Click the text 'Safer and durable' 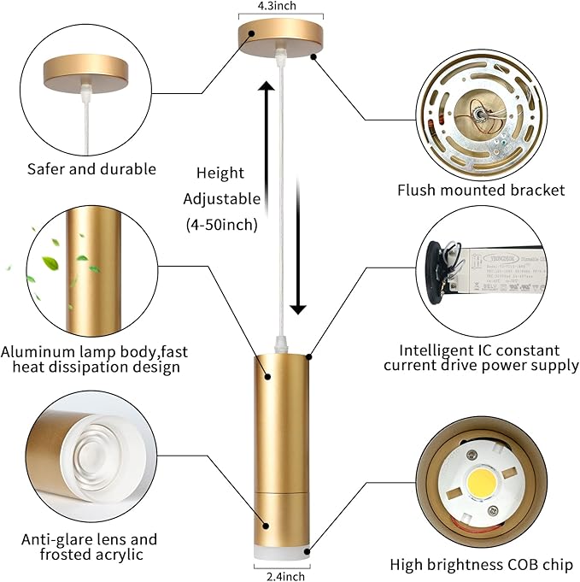[91, 169]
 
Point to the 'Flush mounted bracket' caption [481, 190]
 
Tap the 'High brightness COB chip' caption [481, 564]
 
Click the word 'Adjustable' [221, 199]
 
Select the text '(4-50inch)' [221, 225]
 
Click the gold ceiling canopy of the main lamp [281, 38]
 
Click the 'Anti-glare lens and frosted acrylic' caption [90, 547]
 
